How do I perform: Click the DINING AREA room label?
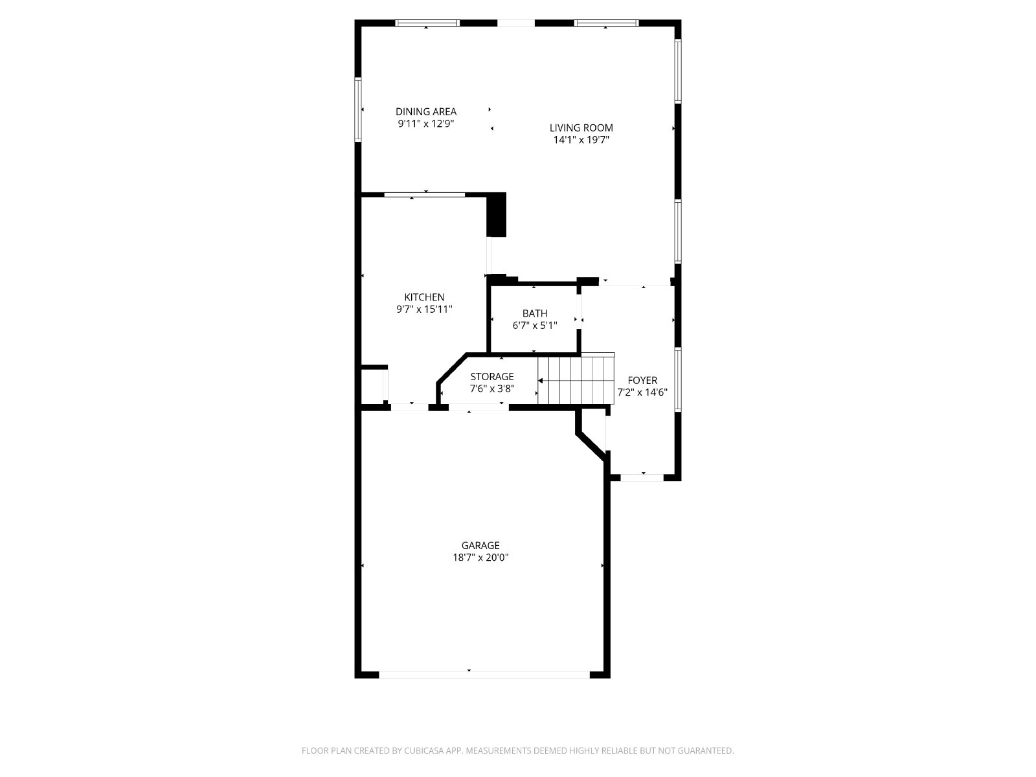coord(425,112)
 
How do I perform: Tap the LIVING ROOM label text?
coord(581,128)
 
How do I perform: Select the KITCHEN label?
coord(424,297)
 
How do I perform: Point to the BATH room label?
coord(535,313)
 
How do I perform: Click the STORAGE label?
coord(492,376)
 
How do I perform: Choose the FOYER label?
coord(642,380)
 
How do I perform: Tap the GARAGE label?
coord(480,545)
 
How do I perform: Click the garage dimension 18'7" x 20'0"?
coord(480,557)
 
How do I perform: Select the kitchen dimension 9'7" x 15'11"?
coord(424,310)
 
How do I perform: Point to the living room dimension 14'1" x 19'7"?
coord(581,140)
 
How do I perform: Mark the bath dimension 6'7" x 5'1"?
coord(535,326)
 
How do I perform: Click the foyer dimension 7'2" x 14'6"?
coord(642,392)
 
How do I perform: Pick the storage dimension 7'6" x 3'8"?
coord(492,388)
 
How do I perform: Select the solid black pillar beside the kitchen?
coord(496,215)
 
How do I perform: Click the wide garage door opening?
coord(484,675)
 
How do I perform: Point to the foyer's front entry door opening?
coord(642,477)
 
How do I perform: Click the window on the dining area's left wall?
coord(358,109)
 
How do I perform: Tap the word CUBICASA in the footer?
coord(424,750)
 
